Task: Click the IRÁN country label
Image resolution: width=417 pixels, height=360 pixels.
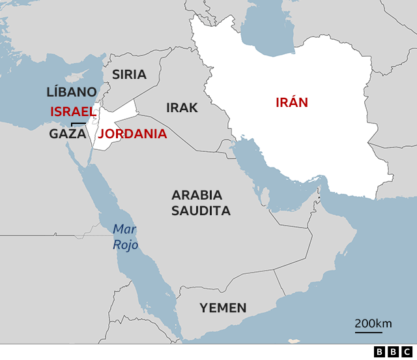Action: [x=291, y=102]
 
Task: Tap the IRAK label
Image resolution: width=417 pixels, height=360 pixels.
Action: [x=182, y=108]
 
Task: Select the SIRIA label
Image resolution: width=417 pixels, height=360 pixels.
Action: [x=129, y=74]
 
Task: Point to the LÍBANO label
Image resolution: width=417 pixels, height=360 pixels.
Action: [x=72, y=92]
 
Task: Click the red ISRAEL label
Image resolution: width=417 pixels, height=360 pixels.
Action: [x=73, y=112]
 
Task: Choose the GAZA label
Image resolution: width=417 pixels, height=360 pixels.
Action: [x=68, y=134]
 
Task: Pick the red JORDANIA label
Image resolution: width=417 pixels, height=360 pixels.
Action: [x=132, y=134]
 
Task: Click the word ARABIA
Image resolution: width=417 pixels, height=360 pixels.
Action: [x=197, y=195]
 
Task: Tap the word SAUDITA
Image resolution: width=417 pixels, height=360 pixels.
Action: [x=201, y=211]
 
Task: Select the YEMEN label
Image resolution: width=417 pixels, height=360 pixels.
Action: [x=223, y=308]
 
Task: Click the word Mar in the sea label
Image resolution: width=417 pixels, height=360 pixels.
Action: [x=124, y=229]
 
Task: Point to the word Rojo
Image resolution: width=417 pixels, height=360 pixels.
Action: [x=126, y=245]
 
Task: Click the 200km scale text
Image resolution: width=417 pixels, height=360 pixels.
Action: [x=373, y=323]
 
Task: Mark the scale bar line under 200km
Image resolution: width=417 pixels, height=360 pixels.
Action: [x=369, y=333]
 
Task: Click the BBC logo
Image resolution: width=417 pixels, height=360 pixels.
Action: [x=390, y=352]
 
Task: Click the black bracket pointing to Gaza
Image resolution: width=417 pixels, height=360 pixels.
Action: [x=78, y=123]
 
